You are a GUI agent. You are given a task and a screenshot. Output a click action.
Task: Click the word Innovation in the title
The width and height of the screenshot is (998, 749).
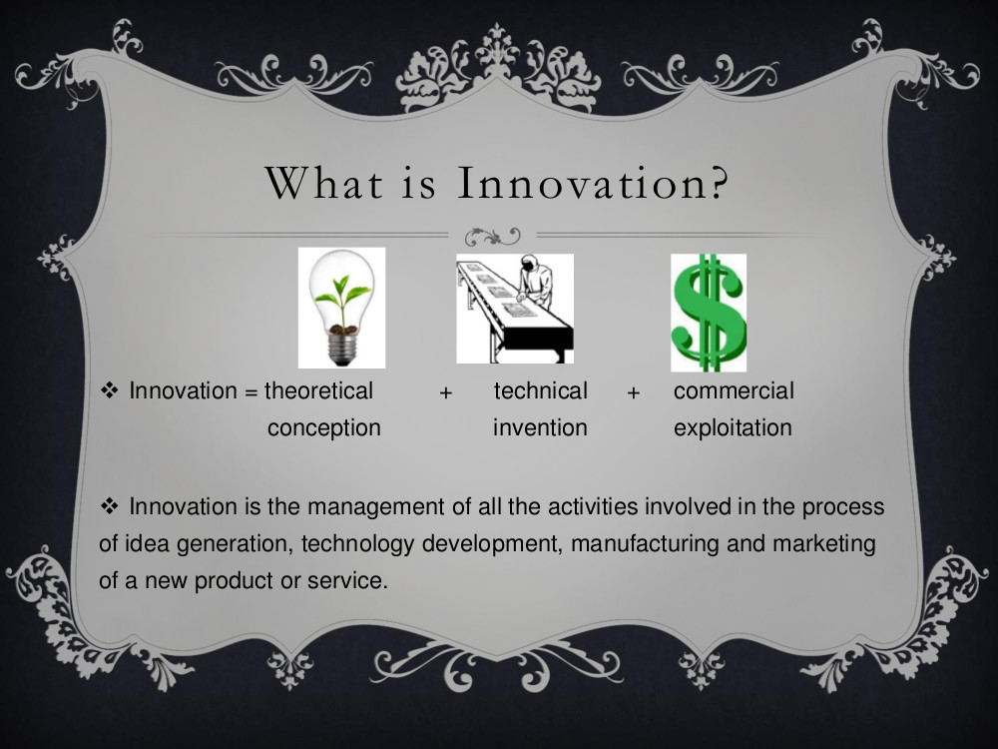pyautogui.click(x=581, y=183)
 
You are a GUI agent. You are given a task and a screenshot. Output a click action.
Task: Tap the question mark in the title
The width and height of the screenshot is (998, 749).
pyautogui.click(x=718, y=183)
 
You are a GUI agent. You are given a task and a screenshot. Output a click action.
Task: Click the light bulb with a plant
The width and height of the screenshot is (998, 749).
pyautogui.click(x=341, y=308)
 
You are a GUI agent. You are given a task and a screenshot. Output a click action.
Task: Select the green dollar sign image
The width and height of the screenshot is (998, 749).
pyautogui.click(x=709, y=313)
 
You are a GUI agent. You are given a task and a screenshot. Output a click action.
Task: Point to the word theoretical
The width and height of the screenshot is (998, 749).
pyautogui.click(x=318, y=390)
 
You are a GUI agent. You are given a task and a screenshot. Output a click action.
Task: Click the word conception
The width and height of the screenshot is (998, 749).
pyautogui.click(x=324, y=428)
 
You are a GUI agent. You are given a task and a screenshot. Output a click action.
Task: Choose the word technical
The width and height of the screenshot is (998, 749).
pyautogui.click(x=540, y=390)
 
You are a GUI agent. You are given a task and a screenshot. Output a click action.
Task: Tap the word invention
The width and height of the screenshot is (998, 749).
pyautogui.click(x=540, y=427)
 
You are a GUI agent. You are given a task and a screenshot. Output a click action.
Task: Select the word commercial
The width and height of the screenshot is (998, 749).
pyautogui.click(x=734, y=390)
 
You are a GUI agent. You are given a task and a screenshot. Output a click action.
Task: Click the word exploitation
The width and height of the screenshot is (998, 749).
pyautogui.click(x=733, y=428)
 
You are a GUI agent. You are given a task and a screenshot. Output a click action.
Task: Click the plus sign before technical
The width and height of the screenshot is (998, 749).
pyautogui.click(x=445, y=392)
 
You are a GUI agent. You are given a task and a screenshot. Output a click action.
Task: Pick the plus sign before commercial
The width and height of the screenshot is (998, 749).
pyautogui.click(x=633, y=392)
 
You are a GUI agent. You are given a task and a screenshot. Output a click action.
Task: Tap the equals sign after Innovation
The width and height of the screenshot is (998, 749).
pyautogui.click(x=250, y=392)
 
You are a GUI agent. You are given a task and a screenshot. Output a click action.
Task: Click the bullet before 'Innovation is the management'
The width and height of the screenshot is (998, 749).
pyautogui.click(x=110, y=506)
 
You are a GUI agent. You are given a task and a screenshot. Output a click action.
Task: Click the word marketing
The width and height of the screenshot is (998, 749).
pyautogui.click(x=824, y=544)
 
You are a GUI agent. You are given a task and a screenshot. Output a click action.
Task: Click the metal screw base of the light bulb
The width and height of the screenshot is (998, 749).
pyautogui.click(x=342, y=349)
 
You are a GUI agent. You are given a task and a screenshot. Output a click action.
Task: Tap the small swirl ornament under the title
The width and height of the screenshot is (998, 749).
pyautogui.click(x=492, y=237)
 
